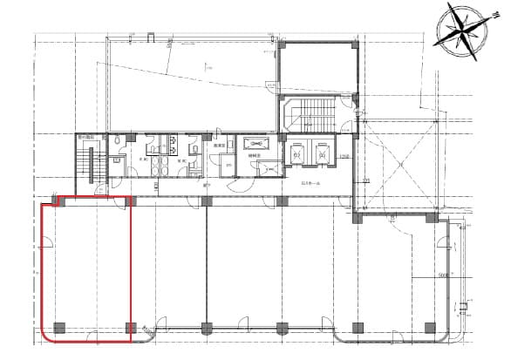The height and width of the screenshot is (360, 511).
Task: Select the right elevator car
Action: point(323,155)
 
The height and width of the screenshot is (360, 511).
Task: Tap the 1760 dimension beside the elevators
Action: point(344,156)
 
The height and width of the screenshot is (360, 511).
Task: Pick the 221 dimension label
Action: point(366,180)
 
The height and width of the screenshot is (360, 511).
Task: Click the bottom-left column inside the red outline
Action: point(59,328)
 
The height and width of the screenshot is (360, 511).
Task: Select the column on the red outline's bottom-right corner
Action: point(131,328)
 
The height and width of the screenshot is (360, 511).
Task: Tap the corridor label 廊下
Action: point(208,184)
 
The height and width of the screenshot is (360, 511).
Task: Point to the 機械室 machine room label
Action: point(258,158)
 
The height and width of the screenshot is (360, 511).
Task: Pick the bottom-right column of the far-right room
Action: point(429,328)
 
